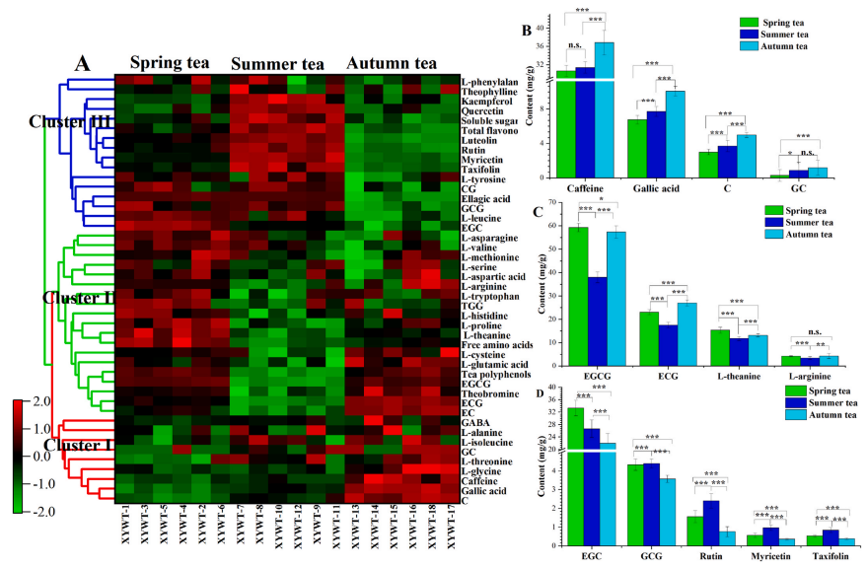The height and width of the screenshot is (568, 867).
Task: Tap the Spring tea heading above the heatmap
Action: pos(169,62)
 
